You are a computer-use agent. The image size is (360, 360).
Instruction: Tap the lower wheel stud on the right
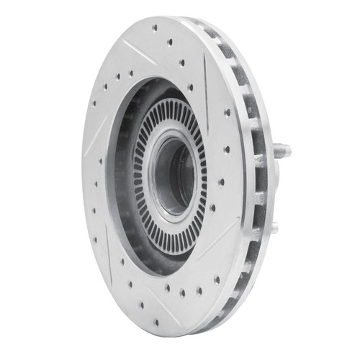coord(274,228)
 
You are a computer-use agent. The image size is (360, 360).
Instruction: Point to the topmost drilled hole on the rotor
coord(155,27)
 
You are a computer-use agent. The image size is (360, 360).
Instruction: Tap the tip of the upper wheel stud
coord(289,151)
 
